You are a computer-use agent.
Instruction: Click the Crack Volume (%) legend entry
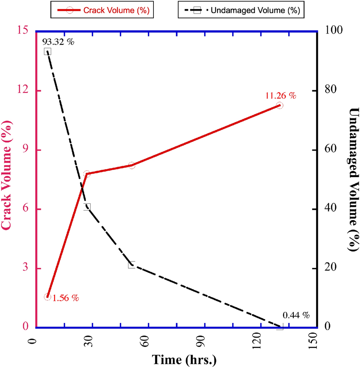102,11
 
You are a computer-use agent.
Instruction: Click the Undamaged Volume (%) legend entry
241,11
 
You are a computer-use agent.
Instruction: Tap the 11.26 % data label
280,96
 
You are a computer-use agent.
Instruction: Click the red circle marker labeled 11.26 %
280,105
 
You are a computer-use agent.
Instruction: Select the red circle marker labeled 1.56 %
47,297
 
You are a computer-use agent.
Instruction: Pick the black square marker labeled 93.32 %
47,52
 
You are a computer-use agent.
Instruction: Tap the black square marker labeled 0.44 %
280,327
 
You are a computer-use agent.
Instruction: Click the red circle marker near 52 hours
131,165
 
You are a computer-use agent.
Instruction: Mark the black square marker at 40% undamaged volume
87,207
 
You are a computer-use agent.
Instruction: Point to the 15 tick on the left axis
23,31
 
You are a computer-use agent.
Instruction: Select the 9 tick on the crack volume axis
26,150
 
